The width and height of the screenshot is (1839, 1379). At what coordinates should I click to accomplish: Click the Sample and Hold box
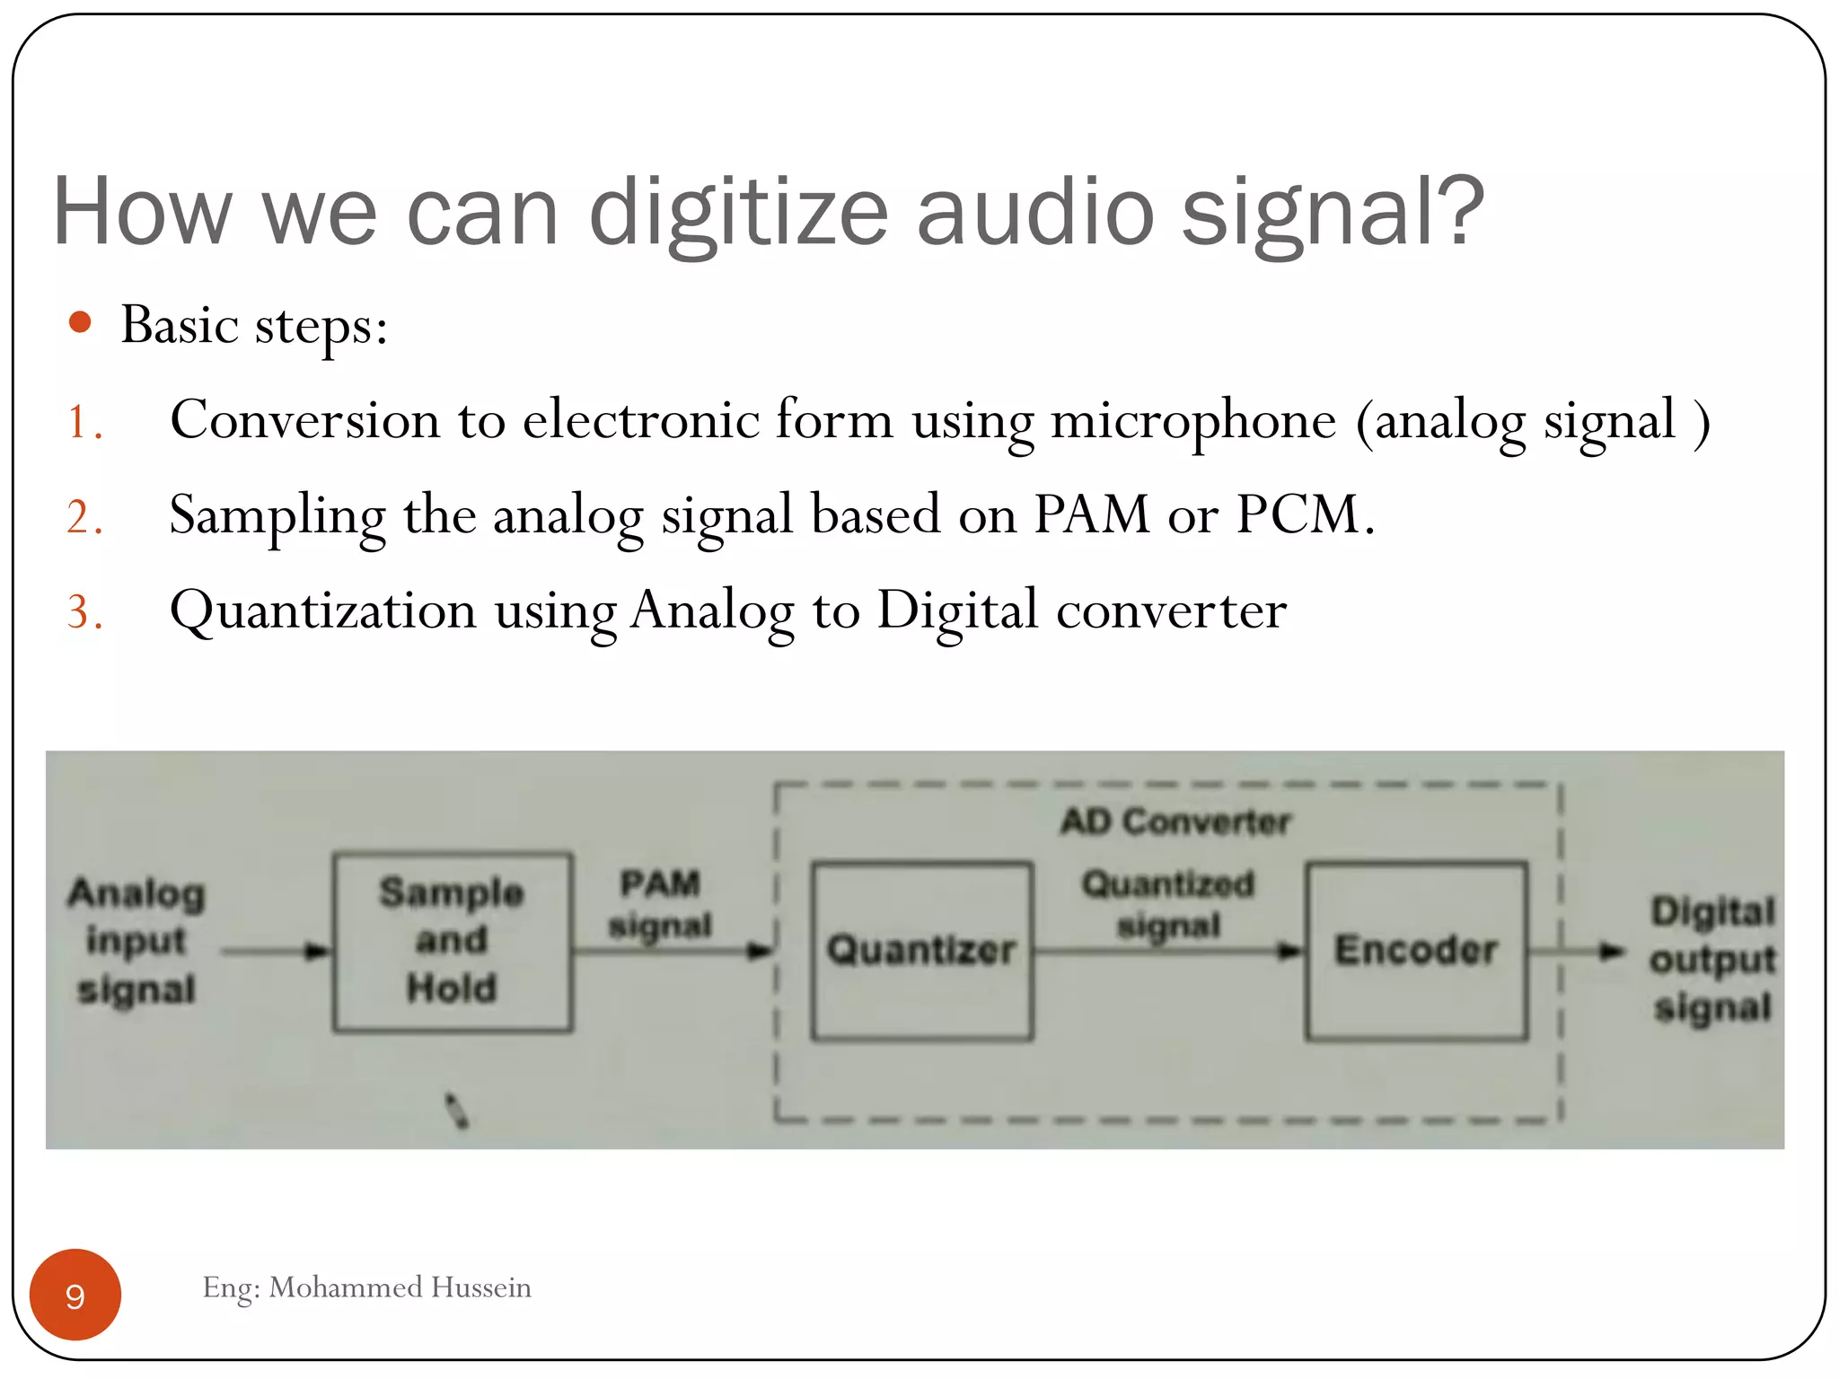pos(452,941)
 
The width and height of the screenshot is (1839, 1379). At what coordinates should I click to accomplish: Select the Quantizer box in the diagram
pos(922,951)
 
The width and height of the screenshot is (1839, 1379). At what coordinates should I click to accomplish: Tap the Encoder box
pos(1416,951)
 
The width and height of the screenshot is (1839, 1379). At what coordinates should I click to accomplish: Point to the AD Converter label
pos(1175,821)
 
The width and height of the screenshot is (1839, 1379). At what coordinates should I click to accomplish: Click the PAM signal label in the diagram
pos(660,904)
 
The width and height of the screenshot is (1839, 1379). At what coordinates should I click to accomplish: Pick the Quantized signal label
pos(1167,904)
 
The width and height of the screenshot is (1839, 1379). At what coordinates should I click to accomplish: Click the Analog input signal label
pos(136,941)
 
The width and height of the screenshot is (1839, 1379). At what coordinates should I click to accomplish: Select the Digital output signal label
pos(1712,959)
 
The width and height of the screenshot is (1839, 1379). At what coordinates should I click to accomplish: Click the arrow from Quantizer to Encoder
pos(1167,951)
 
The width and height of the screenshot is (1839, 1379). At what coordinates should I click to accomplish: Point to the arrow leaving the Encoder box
pos(1577,951)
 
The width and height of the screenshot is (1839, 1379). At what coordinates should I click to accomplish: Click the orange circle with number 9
pos(75,1295)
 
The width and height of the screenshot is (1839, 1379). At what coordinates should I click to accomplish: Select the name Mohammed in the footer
pos(345,1287)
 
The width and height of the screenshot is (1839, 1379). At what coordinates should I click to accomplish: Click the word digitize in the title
pos(738,212)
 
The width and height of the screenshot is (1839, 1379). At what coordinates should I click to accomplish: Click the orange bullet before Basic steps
pos(80,322)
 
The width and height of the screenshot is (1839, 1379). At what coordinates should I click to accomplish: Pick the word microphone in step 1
pos(1193,420)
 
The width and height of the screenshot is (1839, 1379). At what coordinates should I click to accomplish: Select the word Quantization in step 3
pos(323,611)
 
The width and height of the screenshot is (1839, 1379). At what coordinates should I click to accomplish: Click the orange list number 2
pos(84,518)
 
